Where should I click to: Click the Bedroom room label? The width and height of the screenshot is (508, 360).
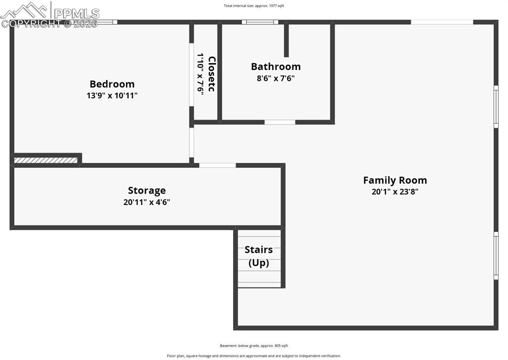point(112,84)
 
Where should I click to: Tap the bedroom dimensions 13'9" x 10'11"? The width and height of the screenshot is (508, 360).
point(112,95)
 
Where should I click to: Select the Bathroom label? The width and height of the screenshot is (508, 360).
point(275,66)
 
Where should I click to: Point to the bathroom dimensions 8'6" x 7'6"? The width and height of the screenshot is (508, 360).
point(275,78)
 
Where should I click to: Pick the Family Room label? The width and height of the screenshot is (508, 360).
point(395,180)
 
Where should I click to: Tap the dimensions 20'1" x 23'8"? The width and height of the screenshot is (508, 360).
point(395,192)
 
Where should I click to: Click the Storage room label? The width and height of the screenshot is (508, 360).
point(147,190)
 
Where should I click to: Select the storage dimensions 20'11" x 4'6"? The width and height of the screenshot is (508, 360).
point(147,202)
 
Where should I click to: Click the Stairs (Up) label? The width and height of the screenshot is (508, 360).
point(258,256)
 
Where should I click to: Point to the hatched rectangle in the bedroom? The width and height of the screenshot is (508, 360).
point(46,160)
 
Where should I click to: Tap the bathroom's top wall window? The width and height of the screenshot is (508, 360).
point(260,22)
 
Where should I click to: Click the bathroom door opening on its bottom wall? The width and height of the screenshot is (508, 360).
point(280,122)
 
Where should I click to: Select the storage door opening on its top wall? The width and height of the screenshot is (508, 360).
point(217,165)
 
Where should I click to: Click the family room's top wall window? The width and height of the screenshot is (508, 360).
point(442,22)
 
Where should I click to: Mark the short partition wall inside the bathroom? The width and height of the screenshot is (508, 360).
point(286,40)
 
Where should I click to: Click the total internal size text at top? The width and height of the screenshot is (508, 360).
point(254,6)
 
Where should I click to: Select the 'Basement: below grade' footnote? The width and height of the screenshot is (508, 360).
point(254,346)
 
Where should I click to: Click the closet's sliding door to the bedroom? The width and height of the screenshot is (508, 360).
point(191,74)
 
